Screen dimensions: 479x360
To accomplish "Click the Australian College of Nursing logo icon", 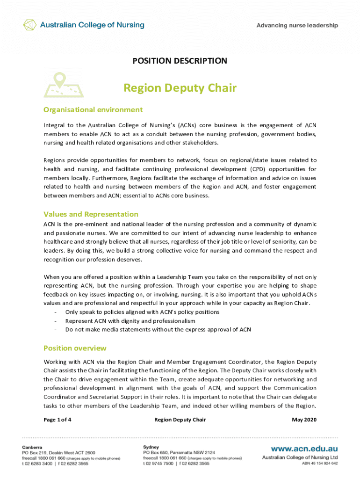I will pos(30,25).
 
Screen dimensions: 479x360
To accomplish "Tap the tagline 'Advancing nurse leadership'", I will pos(297,26).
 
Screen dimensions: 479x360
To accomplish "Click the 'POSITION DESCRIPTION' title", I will pos(180,61).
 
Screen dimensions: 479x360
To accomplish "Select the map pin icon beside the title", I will pos(63,85).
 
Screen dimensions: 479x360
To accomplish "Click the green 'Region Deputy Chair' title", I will pos(180,88).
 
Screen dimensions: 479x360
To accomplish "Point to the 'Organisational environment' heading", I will pos(93,110).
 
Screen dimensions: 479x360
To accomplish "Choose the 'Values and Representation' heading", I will pos(91,214).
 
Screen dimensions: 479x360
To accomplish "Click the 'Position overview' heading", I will pos(75,348).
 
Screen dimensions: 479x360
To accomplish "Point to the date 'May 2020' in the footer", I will pos(304,420).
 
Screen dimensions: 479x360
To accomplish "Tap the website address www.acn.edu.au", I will pos(302,448).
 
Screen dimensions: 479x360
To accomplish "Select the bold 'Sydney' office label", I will pos(151,447).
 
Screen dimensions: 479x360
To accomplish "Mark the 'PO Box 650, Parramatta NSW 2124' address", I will pos(179,453).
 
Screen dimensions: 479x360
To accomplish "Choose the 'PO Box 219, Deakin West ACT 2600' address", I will pos(58,453).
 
